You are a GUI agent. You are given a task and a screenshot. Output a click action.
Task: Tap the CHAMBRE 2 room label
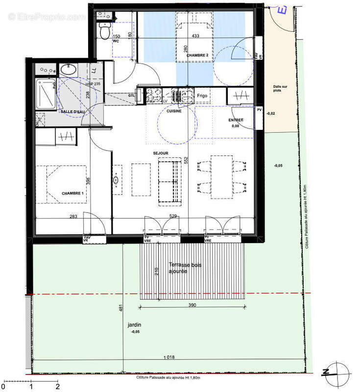197,56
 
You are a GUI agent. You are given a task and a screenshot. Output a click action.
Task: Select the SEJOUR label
160,153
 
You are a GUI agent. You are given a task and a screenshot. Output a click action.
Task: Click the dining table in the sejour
222,177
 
